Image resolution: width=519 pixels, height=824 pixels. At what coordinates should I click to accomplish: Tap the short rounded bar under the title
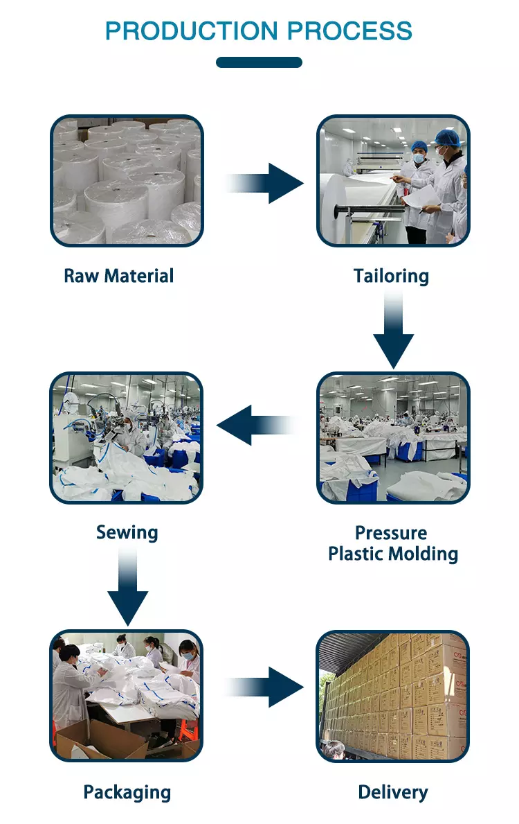click(259, 62)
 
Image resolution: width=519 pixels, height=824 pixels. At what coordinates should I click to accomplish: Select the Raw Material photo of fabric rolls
click(127, 180)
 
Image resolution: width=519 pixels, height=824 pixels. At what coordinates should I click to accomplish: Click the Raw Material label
click(118, 276)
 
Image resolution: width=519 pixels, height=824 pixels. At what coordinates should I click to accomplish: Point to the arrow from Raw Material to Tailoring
click(266, 183)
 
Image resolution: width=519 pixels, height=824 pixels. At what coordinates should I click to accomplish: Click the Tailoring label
click(391, 276)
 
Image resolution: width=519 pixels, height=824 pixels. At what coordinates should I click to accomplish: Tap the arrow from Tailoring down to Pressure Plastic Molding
click(393, 330)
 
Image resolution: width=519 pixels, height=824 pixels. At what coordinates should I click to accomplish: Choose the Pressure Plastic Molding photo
click(393, 437)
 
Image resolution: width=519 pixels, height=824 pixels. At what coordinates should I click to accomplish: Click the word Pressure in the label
click(391, 533)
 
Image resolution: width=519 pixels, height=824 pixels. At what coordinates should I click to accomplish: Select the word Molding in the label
click(426, 554)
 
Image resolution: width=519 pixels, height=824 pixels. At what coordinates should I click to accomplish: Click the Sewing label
click(127, 533)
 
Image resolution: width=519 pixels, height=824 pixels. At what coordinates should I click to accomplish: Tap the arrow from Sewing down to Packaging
click(127, 586)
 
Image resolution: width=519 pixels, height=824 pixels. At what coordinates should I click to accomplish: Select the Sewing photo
click(126, 437)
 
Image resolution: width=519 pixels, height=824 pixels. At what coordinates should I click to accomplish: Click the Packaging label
click(127, 792)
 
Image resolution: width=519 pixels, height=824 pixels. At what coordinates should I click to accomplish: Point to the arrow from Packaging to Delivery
click(266, 687)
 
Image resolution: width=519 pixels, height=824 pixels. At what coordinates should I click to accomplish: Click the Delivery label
click(393, 792)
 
